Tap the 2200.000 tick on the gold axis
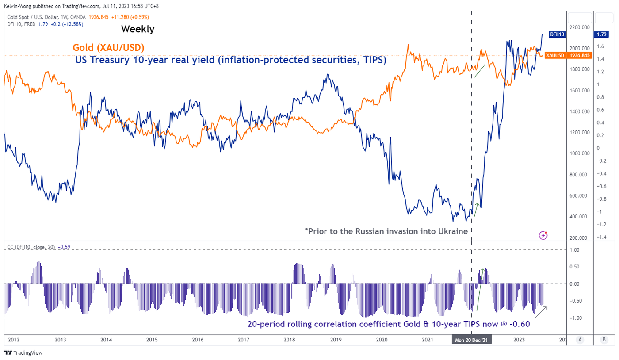click(x=578, y=27)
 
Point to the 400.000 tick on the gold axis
click(x=579, y=217)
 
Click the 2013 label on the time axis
click(x=60, y=340)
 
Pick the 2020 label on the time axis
click(x=382, y=340)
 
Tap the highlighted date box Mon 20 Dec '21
click(x=471, y=340)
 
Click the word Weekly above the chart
click(x=138, y=29)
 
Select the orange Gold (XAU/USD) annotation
click(x=108, y=48)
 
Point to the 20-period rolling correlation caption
click(x=388, y=324)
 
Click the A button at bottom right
click(x=580, y=340)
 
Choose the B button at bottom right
click(x=604, y=340)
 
